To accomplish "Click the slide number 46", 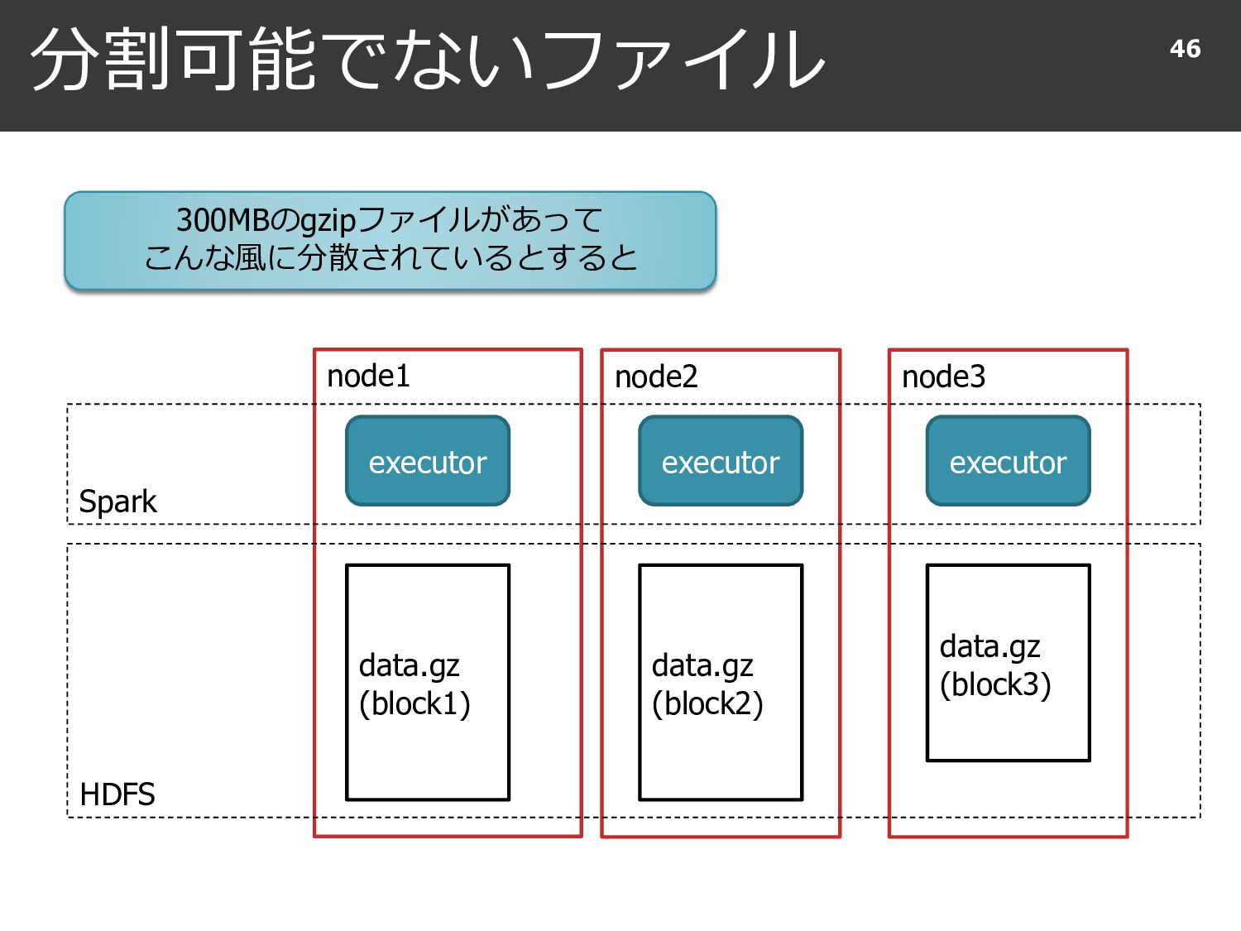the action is click(1185, 49).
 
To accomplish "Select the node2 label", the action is click(656, 377).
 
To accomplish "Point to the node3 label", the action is click(943, 377).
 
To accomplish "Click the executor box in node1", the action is click(428, 461).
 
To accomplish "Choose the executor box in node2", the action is click(721, 461).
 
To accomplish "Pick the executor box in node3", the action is click(1008, 461).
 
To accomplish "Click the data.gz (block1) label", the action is click(414, 684).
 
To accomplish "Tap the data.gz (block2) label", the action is click(707, 684).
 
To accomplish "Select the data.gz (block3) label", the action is click(995, 665).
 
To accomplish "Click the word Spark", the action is click(117, 501).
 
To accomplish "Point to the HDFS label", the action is click(117, 794).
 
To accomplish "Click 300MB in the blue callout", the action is click(223, 220).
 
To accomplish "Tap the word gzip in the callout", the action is click(328, 222).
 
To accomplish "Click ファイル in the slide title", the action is click(683, 60).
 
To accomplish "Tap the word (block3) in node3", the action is click(995, 685).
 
